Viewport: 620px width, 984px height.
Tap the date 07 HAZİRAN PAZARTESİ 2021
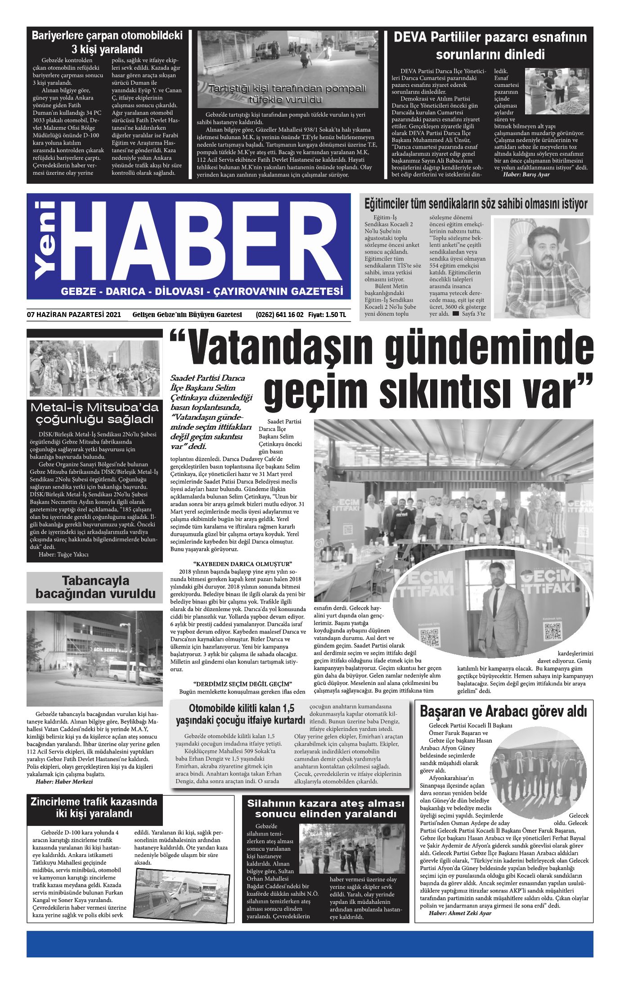(x=74, y=315)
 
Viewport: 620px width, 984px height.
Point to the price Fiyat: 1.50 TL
(x=327, y=315)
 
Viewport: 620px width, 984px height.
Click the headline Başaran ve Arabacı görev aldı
(x=503, y=712)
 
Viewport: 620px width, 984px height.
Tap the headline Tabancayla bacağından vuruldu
(x=95, y=587)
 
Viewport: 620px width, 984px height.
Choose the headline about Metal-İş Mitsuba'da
(x=94, y=413)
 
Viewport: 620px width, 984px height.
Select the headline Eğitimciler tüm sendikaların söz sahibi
(x=476, y=204)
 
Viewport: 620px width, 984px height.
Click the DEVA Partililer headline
(x=490, y=45)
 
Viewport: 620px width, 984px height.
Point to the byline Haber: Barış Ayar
(x=526, y=174)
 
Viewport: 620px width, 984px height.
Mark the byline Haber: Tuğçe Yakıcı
(x=63, y=554)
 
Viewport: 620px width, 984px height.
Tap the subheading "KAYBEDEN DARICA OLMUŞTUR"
(x=243, y=563)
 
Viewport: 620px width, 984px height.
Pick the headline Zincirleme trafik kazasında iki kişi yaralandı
(x=94, y=807)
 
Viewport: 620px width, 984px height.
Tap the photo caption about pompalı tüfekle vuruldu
(x=288, y=94)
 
